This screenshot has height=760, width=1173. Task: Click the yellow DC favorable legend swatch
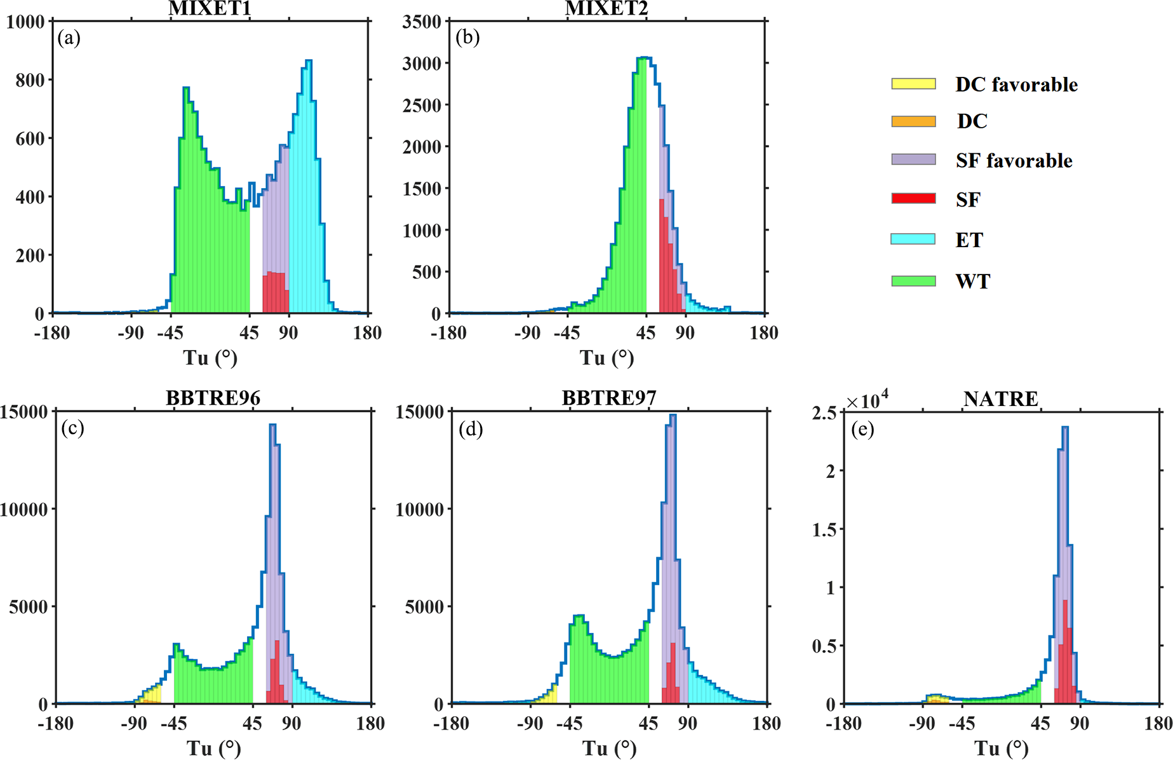pyautogui.click(x=913, y=84)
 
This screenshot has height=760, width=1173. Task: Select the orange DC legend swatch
pyautogui.click(x=913, y=121)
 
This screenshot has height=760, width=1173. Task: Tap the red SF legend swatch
pyautogui.click(x=913, y=199)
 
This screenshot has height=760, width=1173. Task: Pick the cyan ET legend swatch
pyautogui.click(x=913, y=240)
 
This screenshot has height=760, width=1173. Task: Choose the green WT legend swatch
pyautogui.click(x=913, y=281)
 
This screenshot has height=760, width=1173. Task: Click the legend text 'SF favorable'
pyautogui.click(x=1014, y=161)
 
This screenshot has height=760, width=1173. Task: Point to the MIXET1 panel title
pyautogui.click(x=210, y=9)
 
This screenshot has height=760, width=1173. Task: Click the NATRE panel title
pyautogui.click(x=1000, y=399)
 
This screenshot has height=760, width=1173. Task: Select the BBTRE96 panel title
pyautogui.click(x=213, y=398)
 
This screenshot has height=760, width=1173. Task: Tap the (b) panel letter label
pyautogui.click(x=467, y=37)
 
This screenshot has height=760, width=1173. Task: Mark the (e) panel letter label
pyautogui.click(x=862, y=430)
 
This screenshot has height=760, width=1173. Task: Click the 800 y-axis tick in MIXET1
pyautogui.click(x=30, y=80)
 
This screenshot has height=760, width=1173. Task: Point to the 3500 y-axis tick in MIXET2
pyautogui.click(x=422, y=22)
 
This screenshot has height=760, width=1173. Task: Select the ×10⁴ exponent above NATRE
pyautogui.click(x=867, y=400)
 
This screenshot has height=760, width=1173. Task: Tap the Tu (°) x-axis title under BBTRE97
pyautogui.click(x=609, y=749)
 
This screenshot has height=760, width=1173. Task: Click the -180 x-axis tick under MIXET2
pyautogui.click(x=448, y=333)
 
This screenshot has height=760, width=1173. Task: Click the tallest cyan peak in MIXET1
pyautogui.click(x=308, y=62)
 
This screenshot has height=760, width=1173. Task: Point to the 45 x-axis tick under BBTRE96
pyautogui.click(x=253, y=724)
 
